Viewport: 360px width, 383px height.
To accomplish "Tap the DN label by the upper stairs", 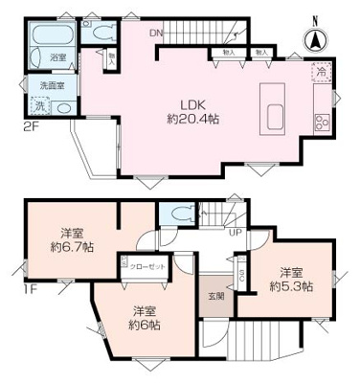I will (x=156, y=35).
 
